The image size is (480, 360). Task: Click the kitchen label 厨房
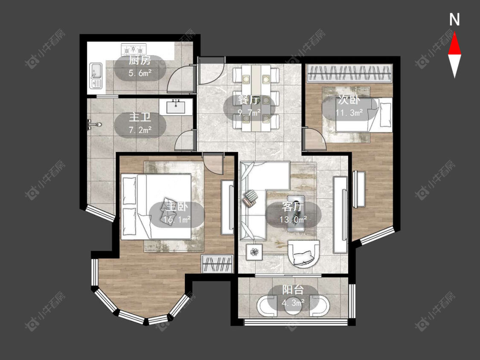pyautogui.click(x=140, y=60)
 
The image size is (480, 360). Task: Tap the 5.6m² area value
pyautogui.click(x=140, y=73)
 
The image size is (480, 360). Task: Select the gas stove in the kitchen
pyautogui.click(x=134, y=49)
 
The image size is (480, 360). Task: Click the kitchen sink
pyautogui.click(x=96, y=75)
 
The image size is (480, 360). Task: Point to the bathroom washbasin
pyautogui.click(x=176, y=107)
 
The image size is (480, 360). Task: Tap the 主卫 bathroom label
pyautogui.click(x=140, y=117)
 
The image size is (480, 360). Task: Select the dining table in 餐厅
pyautogui.click(x=256, y=98)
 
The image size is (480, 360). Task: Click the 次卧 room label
pyautogui.click(x=349, y=100)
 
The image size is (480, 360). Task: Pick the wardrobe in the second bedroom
pyautogui.click(x=349, y=73)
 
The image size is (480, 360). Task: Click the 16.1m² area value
pyautogui.click(x=177, y=220)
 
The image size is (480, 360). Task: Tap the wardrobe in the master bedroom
pyautogui.click(x=217, y=264)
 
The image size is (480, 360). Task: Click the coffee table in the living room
pyautogui.click(x=296, y=213)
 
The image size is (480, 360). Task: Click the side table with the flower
pyautogui.click(x=254, y=252)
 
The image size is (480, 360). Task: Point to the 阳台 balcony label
pyautogui.click(x=293, y=290)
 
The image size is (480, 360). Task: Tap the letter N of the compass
pyautogui.click(x=454, y=20)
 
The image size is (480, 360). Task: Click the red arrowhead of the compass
pyautogui.click(x=454, y=44)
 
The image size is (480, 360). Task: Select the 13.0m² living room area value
pyautogui.click(x=293, y=220)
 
